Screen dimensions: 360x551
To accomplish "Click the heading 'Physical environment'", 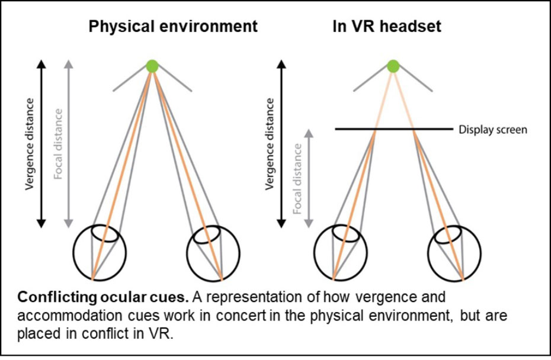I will pos(173,27).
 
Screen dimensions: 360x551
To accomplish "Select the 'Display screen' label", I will pos(492,130).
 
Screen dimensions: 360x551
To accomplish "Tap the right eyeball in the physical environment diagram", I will pos(213,252).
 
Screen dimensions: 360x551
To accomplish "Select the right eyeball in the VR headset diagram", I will pos(454,252).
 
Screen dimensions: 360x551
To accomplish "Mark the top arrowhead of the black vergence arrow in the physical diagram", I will pos(41,63).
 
